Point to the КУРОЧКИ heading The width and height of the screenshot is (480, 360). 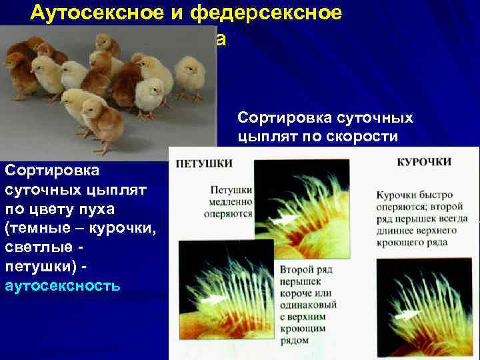424,162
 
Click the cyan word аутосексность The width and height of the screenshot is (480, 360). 62,286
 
